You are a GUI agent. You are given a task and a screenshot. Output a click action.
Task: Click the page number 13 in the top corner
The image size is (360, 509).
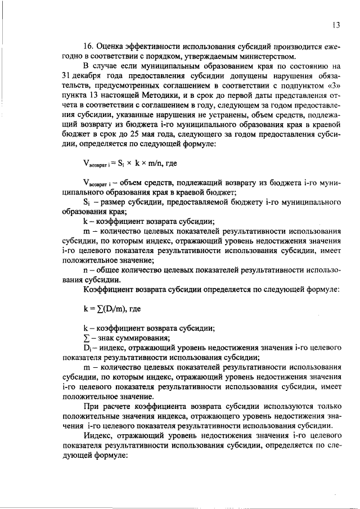[336, 25]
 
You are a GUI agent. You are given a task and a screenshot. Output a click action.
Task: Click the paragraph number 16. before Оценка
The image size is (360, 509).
[89, 46]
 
